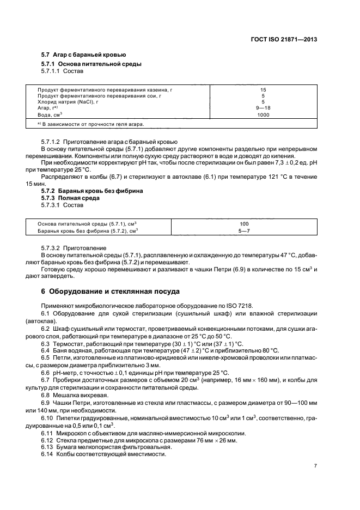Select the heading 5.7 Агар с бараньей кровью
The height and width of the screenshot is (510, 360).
pyautogui.click(x=84, y=55)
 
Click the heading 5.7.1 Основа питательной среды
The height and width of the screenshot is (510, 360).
pyautogui.click(x=91, y=64)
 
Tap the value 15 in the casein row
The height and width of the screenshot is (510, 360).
pyautogui.click(x=263, y=89)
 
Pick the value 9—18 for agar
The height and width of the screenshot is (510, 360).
pyautogui.click(x=263, y=107)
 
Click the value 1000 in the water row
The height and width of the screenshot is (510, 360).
pyautogui.click(x=263, y=115)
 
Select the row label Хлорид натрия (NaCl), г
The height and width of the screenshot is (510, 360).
pyautogui.click(x=68, y=101)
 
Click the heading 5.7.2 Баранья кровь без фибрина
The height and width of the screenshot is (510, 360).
pyautogui.click(x=93, y=191)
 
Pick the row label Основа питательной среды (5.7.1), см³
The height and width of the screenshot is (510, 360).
pyautogui.click(x=87, y=224)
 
